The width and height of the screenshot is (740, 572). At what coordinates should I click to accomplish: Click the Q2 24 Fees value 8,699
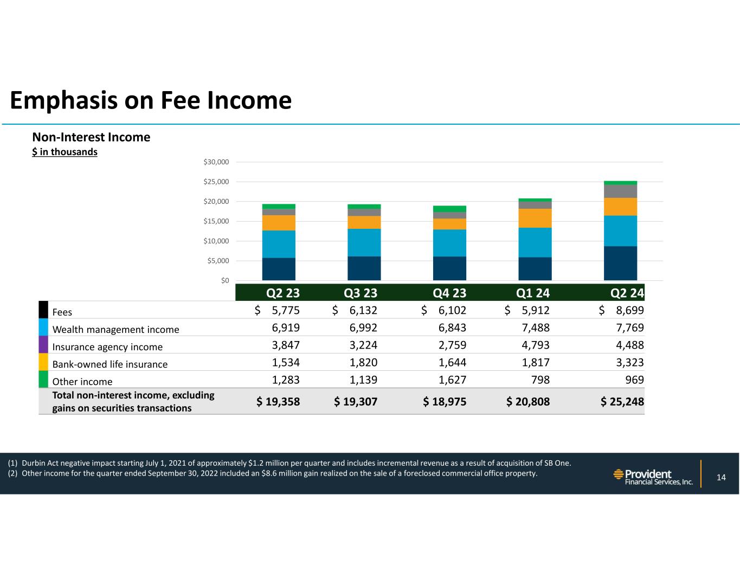(x=628, y=311)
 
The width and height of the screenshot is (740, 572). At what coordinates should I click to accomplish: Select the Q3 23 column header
(x=361, y=293)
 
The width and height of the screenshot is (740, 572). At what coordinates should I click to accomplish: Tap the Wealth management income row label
(x=115, y=330)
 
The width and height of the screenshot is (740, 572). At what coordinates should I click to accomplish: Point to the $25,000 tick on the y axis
(x=216, y=182)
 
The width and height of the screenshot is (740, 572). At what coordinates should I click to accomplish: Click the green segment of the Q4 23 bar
(x=449, y=209)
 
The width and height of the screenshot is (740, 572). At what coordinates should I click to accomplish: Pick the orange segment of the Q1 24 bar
(x=535, y=218)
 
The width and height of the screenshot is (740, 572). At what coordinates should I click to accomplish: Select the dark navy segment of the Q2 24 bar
(x=620, y=263)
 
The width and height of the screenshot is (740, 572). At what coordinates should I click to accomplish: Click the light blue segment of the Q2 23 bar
(x=279, y=244)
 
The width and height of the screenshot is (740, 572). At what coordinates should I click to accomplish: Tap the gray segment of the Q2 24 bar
(x=620, y=191)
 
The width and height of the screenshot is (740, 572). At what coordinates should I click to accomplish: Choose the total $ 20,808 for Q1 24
(x=528, y=402)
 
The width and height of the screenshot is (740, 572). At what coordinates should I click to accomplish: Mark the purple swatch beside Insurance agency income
(x=44, y=345)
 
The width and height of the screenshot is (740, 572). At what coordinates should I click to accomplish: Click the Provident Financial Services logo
(x=653, y=477)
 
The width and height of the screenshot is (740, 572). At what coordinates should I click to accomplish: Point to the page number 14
(x=721, y=478)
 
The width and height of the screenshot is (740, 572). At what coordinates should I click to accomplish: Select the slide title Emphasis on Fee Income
(x=151, y=100)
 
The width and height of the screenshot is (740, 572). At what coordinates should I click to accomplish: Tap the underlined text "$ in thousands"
(x=65, y=152)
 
